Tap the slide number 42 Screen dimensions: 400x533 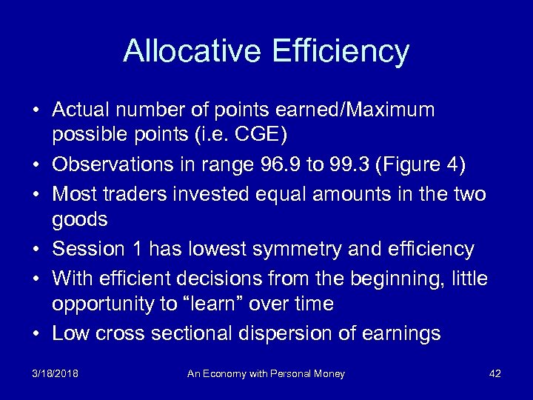495,374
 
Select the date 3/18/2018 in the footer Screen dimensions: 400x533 56,374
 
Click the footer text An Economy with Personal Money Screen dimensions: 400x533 266,374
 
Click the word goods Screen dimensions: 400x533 80,220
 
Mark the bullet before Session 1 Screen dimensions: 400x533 36,249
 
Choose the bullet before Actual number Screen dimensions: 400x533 36,110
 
